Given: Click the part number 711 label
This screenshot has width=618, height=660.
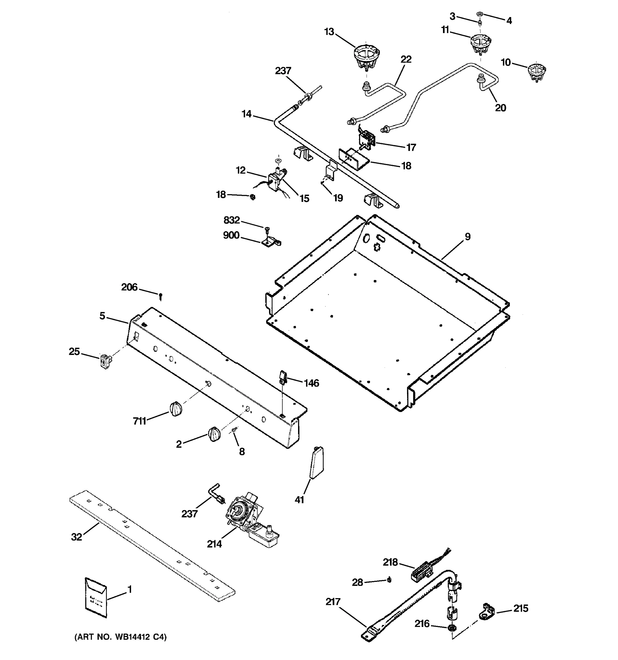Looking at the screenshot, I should point(139,421).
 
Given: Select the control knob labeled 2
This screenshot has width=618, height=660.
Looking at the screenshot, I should point(214,434).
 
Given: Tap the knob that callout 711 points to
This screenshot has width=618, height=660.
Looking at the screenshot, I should point(176,408).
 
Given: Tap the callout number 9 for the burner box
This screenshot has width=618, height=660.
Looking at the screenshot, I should point(467,237).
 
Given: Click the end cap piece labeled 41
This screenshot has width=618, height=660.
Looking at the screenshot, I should point(317,463).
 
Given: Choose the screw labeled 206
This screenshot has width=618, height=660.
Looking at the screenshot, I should point(161,295).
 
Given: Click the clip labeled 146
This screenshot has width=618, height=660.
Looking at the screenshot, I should point(282,377).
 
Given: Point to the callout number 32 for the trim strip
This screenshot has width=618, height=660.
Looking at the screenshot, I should point(76,537).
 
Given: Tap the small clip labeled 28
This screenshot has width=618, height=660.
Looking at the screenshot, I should point(389,580).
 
